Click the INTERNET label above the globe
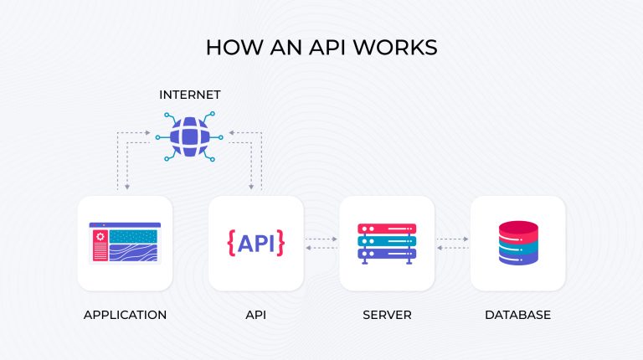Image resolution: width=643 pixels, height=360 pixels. (190, 95)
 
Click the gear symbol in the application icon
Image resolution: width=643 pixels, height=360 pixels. (100, 237)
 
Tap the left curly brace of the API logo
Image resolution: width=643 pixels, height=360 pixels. (231, 243)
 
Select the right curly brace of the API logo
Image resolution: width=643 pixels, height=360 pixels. (280, 243)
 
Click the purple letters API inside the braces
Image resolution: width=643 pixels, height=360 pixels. (256, 243)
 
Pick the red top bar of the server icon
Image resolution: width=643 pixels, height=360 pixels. (387, 229)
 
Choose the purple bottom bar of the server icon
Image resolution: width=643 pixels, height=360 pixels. (387, 254)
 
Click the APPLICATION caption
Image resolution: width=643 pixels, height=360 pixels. (125, 316)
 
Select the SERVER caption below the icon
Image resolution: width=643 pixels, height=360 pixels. (387, 316)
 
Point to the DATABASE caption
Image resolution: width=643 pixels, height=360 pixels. (517, 316)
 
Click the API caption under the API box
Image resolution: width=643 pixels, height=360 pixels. (255, 316)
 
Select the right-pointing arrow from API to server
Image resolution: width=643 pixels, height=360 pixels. (321, 239)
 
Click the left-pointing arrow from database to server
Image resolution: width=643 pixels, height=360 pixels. (452, 249)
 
